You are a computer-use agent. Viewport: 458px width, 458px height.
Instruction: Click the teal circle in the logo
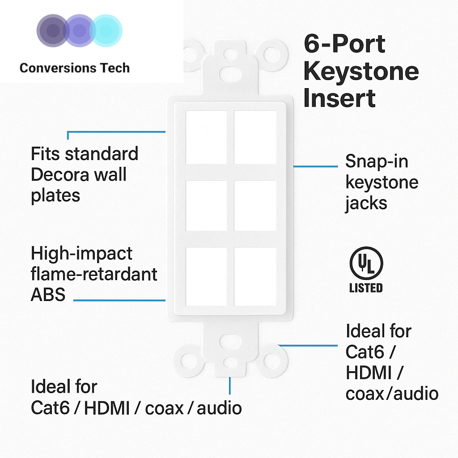click(x=106, y=31)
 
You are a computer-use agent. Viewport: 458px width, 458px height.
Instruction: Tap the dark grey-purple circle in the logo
click(x=53, y=31)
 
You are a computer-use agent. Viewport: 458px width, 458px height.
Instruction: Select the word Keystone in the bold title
click(x=361, y=72)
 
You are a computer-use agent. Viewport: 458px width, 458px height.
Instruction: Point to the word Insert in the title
click(x=339, y=98)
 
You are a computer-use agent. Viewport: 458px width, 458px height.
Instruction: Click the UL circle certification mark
click(x=366, y=263)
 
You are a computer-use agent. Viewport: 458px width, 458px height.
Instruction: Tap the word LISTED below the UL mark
click(x=366, y=288)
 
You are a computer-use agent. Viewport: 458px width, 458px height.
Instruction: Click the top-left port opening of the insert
click(x=206, y=137)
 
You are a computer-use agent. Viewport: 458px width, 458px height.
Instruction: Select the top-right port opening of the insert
click(x=255, y=137)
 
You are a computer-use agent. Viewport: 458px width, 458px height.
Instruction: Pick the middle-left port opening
click(x=206, y=206)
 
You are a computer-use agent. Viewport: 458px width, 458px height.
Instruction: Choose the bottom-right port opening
click(x=255, y=276)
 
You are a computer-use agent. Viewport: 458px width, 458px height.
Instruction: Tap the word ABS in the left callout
click(x=48, y=295)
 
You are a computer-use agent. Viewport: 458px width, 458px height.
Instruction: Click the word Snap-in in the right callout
click(x=377, y=161)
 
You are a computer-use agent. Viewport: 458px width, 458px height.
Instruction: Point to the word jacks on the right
click(x=366, y=204)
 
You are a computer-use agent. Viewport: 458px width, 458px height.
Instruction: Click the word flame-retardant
click(x=94, y=274)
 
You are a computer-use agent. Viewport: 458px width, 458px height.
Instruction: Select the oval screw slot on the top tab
click(x=230, y=74)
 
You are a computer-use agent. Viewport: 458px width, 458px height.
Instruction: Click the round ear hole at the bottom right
click(x=272, y=361)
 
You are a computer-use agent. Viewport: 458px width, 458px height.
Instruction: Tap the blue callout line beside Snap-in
click(x=315, y=166)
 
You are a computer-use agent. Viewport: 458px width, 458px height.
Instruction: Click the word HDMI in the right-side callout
click(x=369, y=373)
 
